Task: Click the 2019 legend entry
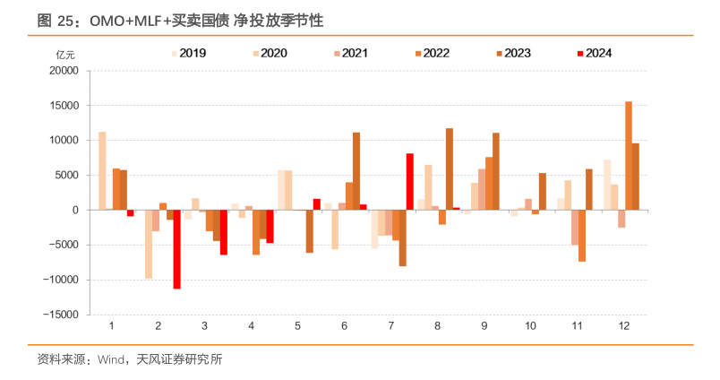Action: [190, 53]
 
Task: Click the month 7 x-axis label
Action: [390, 327]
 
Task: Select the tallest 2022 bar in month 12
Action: [629, 156]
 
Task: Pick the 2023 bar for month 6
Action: [356, 171]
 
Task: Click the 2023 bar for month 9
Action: [496, 171]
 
